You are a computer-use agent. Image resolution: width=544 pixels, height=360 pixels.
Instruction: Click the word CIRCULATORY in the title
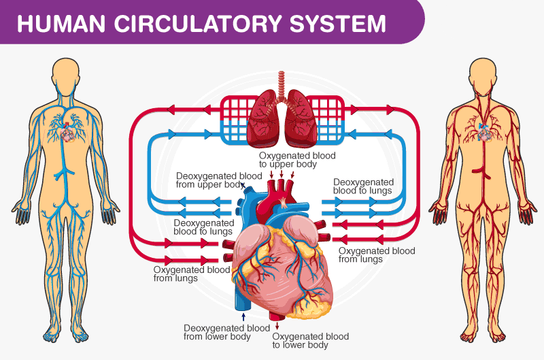coord(197,23)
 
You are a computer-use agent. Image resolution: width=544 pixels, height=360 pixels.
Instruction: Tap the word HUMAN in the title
coord(61,23)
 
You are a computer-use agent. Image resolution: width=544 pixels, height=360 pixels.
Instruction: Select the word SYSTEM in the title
coord(338,23)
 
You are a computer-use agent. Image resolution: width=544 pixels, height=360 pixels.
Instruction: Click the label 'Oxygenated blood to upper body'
coord(297,160)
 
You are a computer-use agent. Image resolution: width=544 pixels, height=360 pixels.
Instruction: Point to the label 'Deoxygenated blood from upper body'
coord(219,180)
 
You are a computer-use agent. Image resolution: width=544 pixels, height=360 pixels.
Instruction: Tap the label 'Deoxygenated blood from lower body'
coord(227,332)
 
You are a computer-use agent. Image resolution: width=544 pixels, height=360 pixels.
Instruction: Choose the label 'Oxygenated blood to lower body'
coord(311,340)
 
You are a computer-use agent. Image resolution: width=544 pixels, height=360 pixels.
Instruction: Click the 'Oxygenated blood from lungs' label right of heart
coord(377,255)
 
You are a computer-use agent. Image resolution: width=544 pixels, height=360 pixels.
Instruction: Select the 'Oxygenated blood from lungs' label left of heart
coord(192,274)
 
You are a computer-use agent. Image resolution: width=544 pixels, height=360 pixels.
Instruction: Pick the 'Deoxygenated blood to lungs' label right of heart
coord(363,186)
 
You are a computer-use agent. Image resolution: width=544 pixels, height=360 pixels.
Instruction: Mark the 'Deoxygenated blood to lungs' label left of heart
coord(203,227)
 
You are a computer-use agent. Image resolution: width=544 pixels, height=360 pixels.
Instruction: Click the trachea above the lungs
coord(282,82)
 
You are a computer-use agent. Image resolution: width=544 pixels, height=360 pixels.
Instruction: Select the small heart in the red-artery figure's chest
coord(485,133)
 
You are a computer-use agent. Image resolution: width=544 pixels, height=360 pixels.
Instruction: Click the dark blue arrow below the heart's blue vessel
coord(243,316)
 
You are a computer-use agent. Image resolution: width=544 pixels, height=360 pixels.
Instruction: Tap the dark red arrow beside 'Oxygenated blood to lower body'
coord(277,326)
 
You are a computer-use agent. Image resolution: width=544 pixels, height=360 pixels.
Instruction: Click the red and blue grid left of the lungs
coord(237,120)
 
